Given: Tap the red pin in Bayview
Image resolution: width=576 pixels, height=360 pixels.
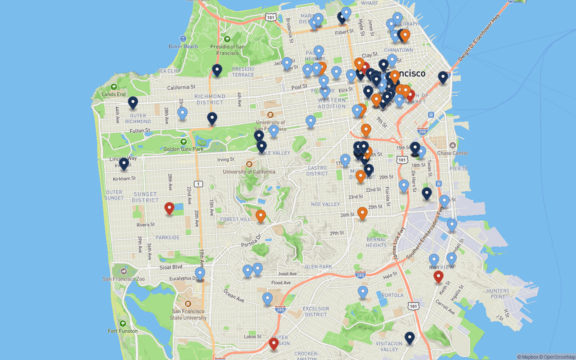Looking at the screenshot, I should pos(438,277).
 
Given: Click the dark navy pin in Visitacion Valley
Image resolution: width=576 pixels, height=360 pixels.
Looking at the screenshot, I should pos(409,338).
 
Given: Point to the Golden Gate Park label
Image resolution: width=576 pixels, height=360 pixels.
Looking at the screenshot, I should pos(184,149).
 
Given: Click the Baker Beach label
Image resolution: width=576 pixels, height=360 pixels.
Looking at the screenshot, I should pos(183,46).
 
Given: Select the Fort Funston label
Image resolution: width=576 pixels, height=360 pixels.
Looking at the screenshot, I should pos(123,331).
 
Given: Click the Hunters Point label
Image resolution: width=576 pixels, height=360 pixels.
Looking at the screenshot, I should pos(498,293).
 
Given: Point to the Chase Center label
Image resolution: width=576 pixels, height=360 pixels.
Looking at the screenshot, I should pos(453,153).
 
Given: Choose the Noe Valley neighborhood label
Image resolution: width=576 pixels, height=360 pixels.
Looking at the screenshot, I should pos(325,204).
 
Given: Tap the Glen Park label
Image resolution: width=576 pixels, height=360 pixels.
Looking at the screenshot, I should pos(319,267).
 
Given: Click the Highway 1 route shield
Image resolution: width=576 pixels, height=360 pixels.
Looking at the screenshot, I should pos(198,184).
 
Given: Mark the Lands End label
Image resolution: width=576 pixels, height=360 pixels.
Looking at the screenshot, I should pos(114,94).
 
